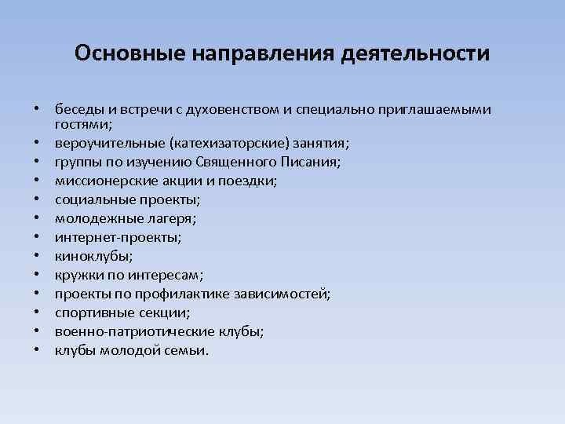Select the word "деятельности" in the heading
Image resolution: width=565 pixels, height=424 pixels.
tap(416, 53)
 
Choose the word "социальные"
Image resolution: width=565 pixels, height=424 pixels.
tap(90, 199)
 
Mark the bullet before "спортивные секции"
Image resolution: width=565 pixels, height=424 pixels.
tap(36, 313)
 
